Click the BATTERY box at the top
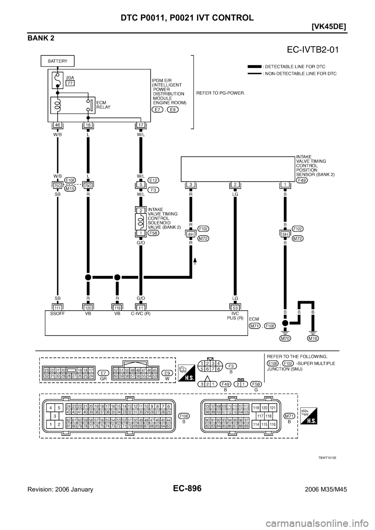[x=58, y=61]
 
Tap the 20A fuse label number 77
[x=70, y=83]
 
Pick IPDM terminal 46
[x=57, y=125]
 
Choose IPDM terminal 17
[x=141, y=125]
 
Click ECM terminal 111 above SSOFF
[x=57, y=308]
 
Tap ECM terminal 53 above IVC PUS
[x=235, y=308]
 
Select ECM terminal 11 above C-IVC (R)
[x=141, y=308]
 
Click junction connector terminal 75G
[x=57, y=186]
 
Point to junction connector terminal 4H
[x=191, y=235]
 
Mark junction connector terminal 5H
[x=285, y=235]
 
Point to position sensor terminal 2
[x=235, y=184]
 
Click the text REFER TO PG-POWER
[x=221, y=98]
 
